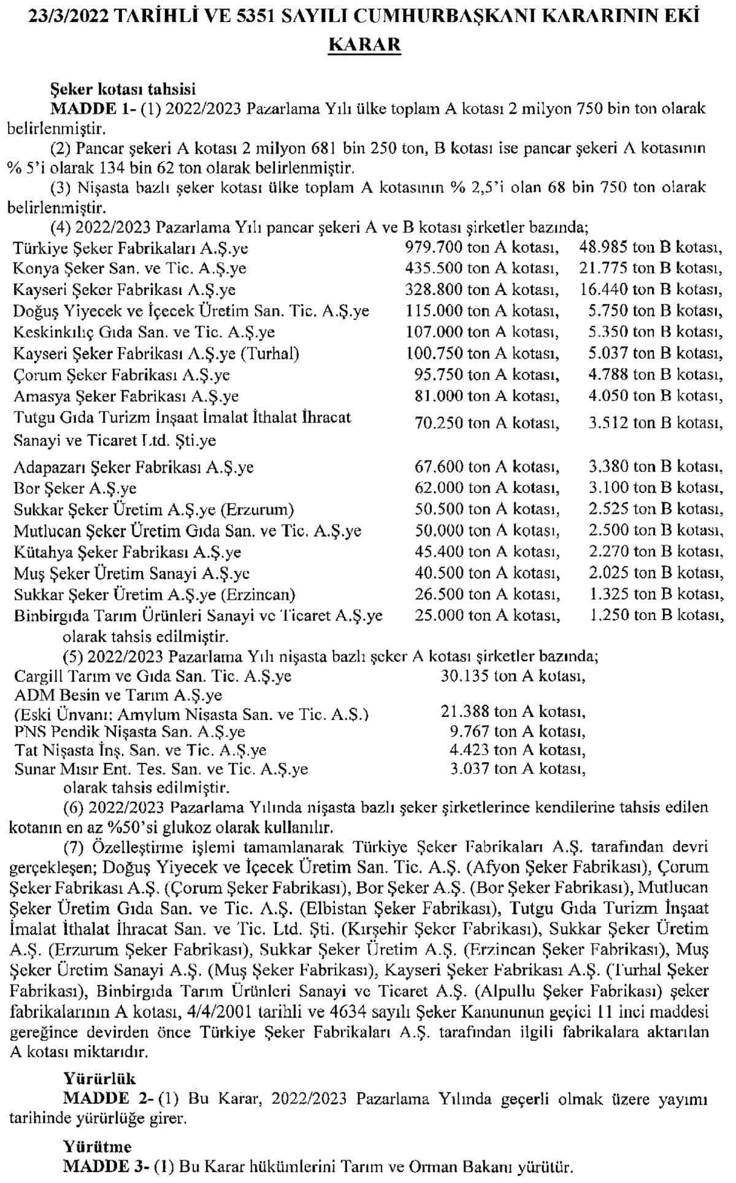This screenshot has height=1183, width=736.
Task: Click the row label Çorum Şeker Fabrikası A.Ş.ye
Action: pos(122,375)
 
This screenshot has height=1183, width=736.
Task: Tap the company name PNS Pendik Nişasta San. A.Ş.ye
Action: pos(130,732)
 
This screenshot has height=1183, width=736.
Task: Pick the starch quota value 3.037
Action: pos(469,768)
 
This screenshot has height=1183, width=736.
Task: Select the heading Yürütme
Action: pos(98,1146)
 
